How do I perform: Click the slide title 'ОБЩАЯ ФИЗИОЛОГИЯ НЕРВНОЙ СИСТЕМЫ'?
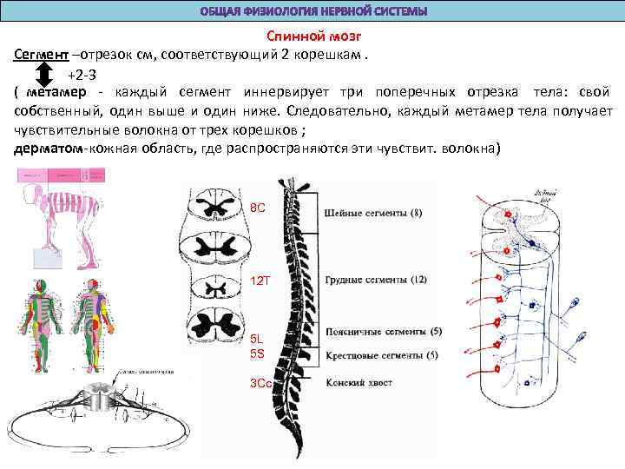pos(312,11)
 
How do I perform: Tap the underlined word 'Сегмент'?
pos(42,55)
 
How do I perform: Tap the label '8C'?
pos(258,209)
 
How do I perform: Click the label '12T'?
pos(260,281)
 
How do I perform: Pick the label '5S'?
pos(258,354)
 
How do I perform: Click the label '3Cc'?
pos(260,383)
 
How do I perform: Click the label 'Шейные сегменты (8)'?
pos(372,213)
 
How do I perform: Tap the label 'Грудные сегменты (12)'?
pos(375,280)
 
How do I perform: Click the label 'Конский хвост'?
pos(358,382)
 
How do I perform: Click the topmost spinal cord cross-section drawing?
pos(212,207)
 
